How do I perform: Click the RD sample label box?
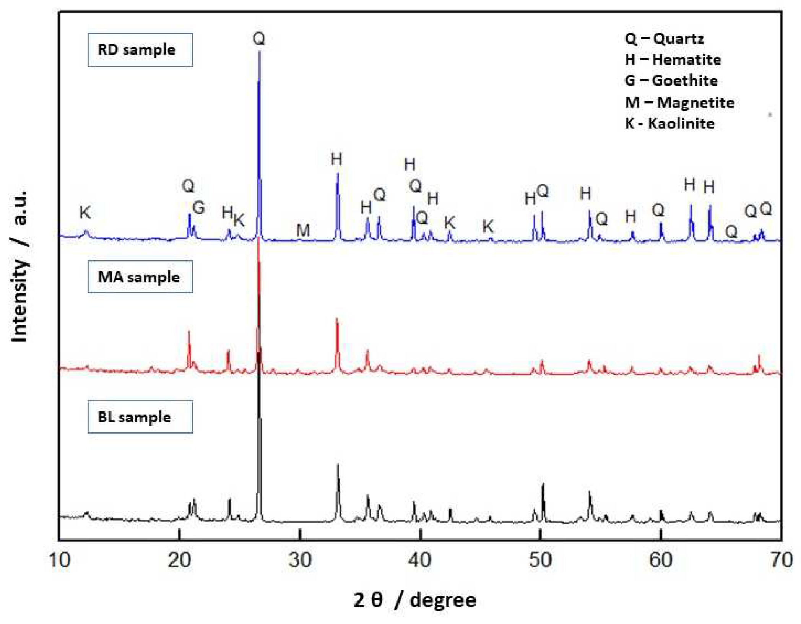click(140, 50)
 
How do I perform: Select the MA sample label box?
click(140, 277)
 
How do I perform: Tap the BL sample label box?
click(140, 417)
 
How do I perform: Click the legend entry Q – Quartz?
click(664, 39)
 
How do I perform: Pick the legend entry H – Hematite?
click(673, 60)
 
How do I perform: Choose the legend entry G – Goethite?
click(671, 81)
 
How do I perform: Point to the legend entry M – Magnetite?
click(679, 102)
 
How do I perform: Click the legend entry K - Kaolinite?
click(669, 123)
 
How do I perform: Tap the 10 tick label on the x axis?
click(60, 561)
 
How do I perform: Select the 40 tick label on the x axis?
click(420, 561)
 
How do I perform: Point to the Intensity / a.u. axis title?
click(19, 266)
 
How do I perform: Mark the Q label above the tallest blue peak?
click(259, 39)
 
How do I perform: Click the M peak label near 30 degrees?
click(303, 230)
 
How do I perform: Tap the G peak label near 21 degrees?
click(198, 208)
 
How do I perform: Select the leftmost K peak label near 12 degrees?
click(85, 212)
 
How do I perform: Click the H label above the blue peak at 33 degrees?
click(336, 159)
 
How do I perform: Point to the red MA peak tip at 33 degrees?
click(337, 319)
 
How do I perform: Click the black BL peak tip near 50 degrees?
click(543, 485)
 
